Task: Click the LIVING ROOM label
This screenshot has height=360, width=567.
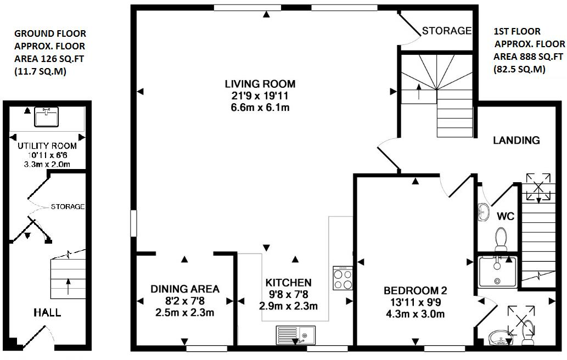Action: tap(260, 84)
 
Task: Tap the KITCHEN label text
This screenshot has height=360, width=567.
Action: tap(288, 283)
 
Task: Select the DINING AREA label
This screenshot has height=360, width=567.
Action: tap(185, 289)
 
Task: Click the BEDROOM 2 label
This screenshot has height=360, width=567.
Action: tap(414, 290)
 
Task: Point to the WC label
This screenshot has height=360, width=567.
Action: tap(506, 217)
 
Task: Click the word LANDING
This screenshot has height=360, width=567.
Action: tap(516, 140)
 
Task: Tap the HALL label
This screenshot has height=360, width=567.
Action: tap(47, 313)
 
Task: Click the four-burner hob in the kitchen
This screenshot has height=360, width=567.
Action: tap(343, 278)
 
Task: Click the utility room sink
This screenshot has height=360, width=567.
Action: tap(46, 117)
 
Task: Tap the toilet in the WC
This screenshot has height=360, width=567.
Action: tap(501, 239)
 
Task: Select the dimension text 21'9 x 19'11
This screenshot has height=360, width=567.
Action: tap(260, 96)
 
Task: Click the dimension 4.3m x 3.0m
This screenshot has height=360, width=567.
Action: tap(414, 314)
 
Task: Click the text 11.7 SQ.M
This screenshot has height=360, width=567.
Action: tap(40, 71)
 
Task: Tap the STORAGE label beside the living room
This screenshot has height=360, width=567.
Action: tap(446, 31)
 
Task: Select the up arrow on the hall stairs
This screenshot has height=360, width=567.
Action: tap(68, 286)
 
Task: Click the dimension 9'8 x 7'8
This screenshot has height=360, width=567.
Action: tap(288, 295)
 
